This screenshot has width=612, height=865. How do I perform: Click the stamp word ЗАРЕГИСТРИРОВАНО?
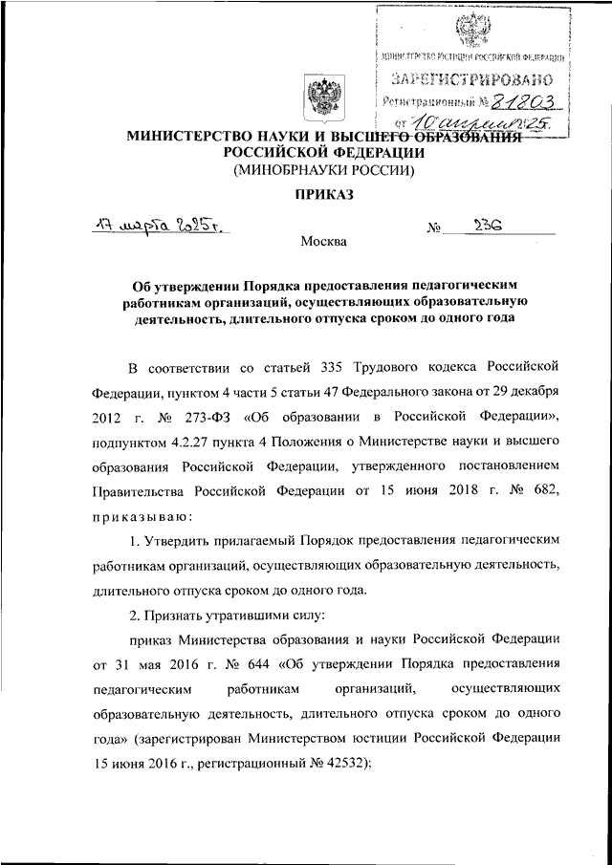pyautogui.click(x=470, y=80)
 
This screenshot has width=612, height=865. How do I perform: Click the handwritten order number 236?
pyautogui.click(x=490, y=227)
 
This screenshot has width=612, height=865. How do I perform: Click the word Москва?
pyautogui.click(x=324, y=243)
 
